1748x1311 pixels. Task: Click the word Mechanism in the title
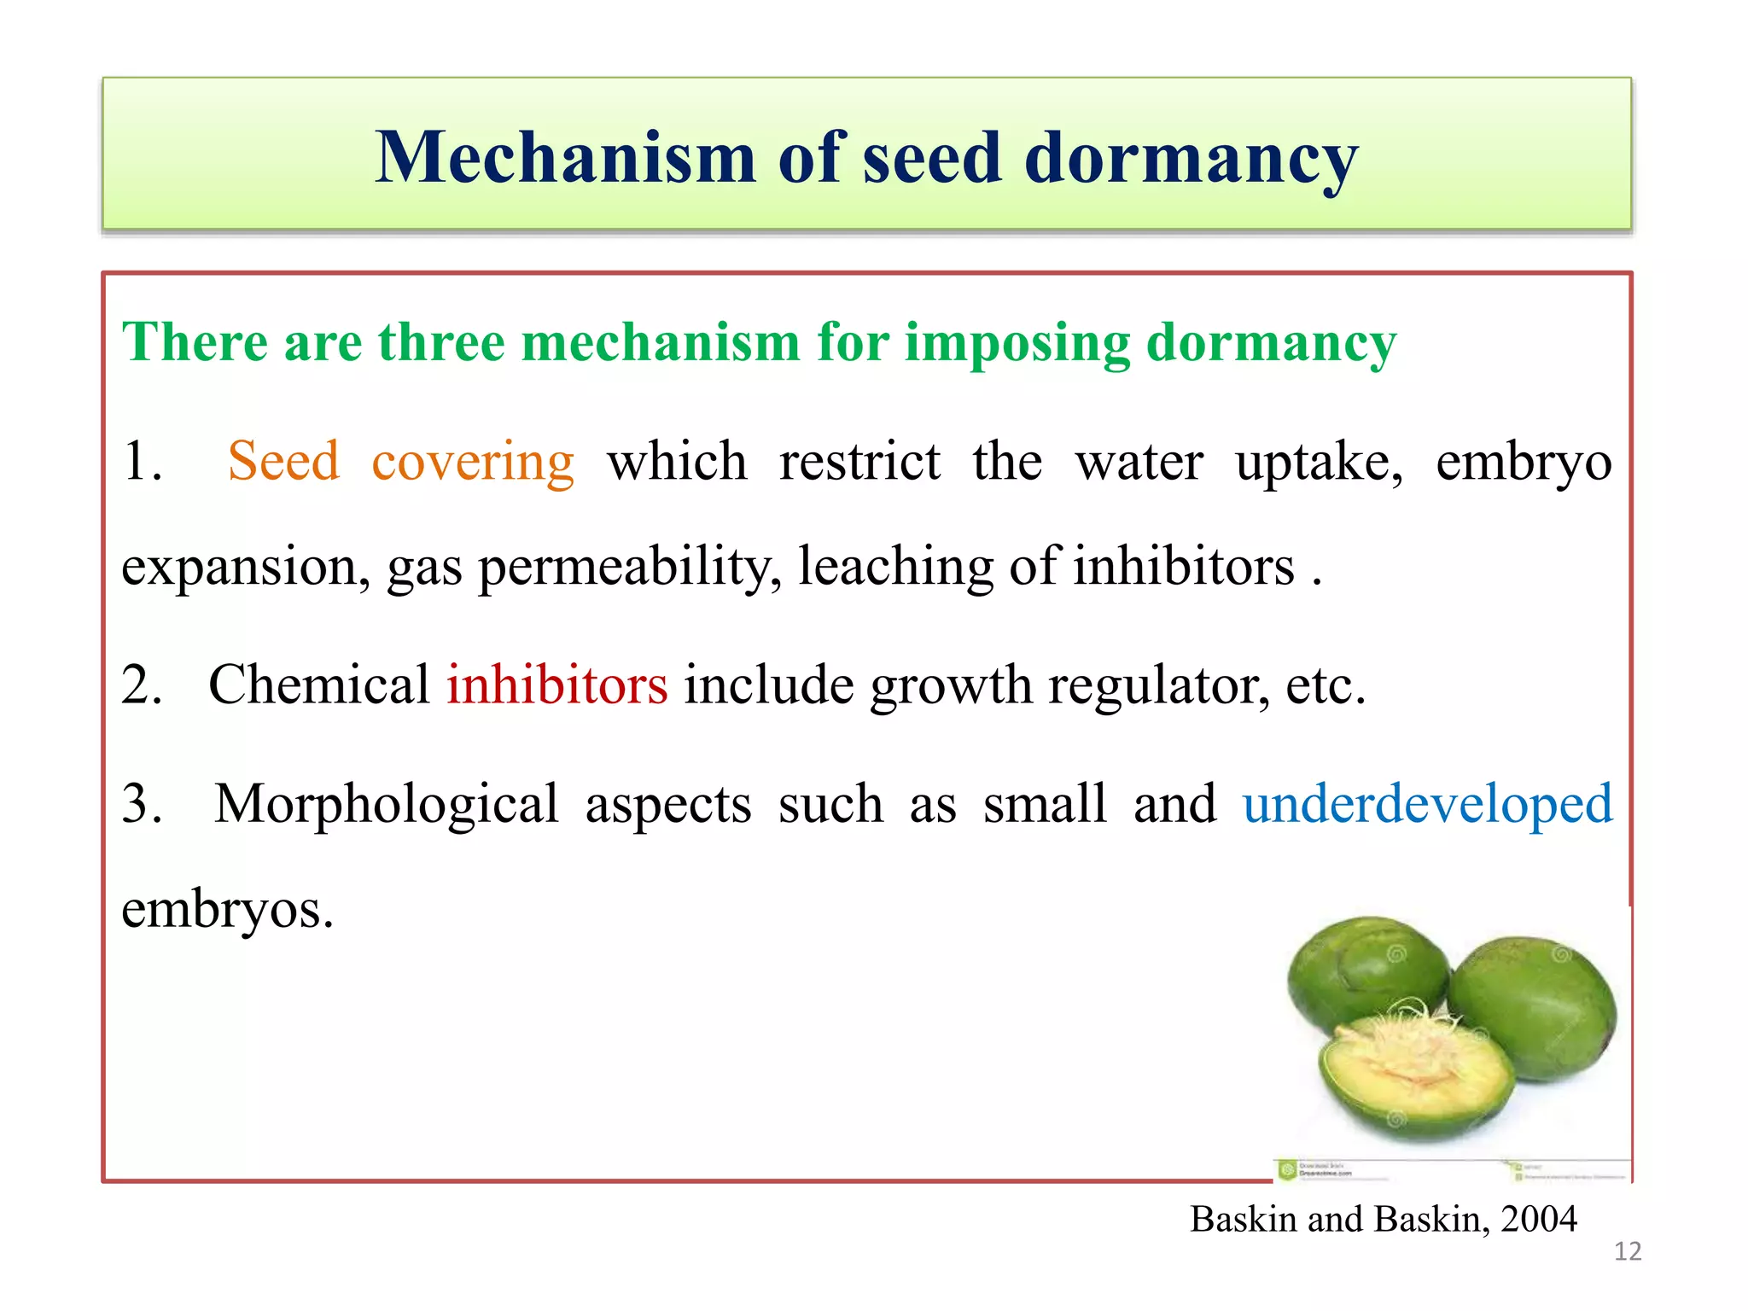tap(565, 157)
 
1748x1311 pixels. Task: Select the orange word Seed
tap(283, 461)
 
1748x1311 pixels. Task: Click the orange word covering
tap(473, 463)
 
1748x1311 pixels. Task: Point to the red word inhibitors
tap(556, 685)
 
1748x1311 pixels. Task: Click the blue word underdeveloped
tap(1427, 804)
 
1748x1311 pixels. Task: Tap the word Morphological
tap(386, 804)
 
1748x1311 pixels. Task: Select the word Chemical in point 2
tap(319, 685)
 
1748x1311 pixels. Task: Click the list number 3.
tap(142, 804)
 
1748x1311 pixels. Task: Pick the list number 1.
tap(142, 461)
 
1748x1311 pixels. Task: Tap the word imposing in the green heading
tap(1017, 344)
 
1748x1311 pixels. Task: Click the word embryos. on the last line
tap(227, 909)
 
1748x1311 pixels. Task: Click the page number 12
tap(1628, 1252)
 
